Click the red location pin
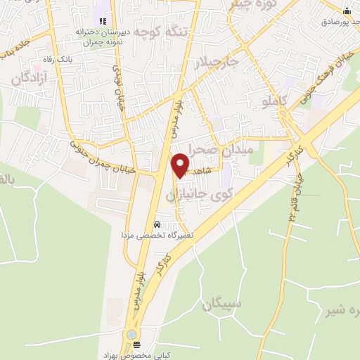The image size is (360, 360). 180,164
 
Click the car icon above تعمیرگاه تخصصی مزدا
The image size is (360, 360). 157,224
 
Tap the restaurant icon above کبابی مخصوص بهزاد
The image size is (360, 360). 136,345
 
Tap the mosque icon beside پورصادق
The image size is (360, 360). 347,11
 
